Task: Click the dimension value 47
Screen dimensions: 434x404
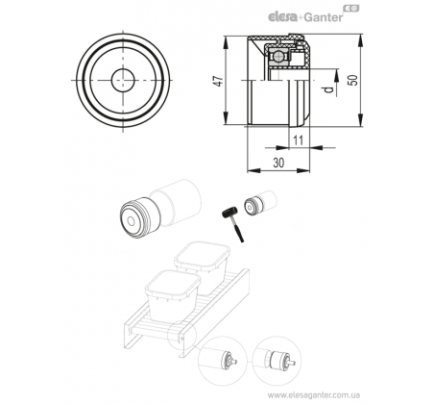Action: click(219, 81)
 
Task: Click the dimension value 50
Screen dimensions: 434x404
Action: click(352, 80)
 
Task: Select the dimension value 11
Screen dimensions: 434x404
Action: click(298, 140)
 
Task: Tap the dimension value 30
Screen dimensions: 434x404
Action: click(278, 163)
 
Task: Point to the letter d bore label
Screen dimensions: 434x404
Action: click(328, 90)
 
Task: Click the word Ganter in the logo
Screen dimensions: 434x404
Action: click(323, 17)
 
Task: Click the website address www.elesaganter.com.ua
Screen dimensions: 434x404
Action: click(314, 395)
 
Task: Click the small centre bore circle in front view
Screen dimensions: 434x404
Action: click(123, 80)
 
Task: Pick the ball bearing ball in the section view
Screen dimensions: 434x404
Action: click(277, 57)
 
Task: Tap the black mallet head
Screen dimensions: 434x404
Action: click(229, 213)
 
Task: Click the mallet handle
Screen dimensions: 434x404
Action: click(237, 230)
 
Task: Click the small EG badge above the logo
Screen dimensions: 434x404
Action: click(351, 9)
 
